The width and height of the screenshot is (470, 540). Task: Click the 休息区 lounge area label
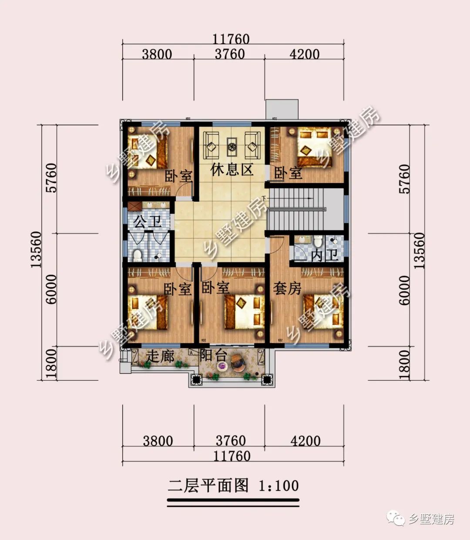[x=232, y=169]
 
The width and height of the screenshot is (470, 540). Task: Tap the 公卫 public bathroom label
[x=147, y=222]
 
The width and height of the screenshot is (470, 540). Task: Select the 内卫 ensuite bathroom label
[x=324, y=255]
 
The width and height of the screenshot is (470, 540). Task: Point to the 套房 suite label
[x=287, y=288]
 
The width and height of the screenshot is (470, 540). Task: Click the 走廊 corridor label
[x=160, y=356]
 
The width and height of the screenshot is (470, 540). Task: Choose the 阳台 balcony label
[x=213, y=355]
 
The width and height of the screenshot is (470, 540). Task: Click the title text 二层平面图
[x=208, y=486]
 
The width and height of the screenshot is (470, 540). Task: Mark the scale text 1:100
[x=279, y=486]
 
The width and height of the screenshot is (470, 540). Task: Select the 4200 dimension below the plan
[x=305, y=441]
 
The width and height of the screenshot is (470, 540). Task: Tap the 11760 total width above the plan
[x=231, y=39]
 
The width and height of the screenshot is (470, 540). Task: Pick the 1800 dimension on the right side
[x=404, y=364]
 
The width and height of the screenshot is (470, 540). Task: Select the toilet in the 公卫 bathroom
[x=138, y=255]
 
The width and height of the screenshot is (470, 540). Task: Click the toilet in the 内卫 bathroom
[x=318, y=241]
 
